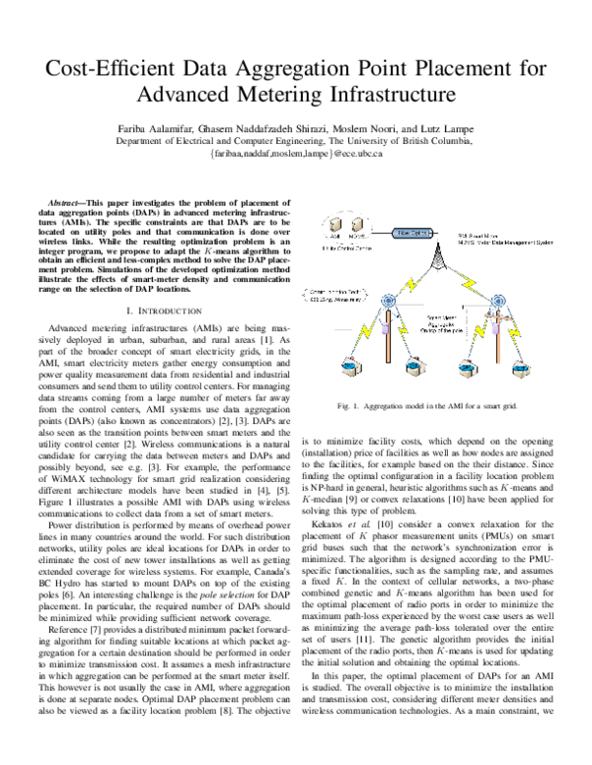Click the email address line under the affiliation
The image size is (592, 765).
(x=295, y=154)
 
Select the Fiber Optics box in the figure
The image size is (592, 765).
(x=383, y=234)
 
